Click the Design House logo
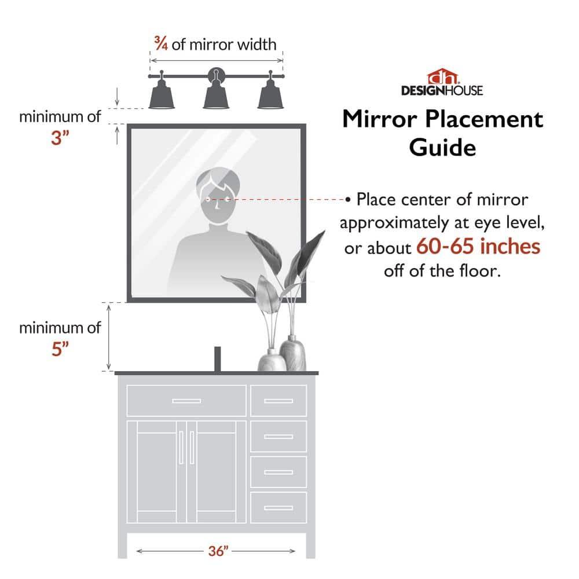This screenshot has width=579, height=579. tap(442, 82)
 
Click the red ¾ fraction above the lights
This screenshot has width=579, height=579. tap(160, 43)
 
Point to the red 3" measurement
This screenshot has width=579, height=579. tap(60, 139)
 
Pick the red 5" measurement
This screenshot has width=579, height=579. tap(60, 350)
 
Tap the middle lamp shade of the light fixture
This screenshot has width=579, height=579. tap(216, 96)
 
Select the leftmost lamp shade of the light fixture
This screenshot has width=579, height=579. tap(162, 96)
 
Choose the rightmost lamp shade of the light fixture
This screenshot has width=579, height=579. tap(270, 96)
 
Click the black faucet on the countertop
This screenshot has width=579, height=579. tap(218, 359)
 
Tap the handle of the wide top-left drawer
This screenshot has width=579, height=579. tap(186, 401)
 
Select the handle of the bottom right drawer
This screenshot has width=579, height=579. tap(278, 508)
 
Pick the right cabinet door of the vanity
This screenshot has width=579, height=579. tap(215, 472)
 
